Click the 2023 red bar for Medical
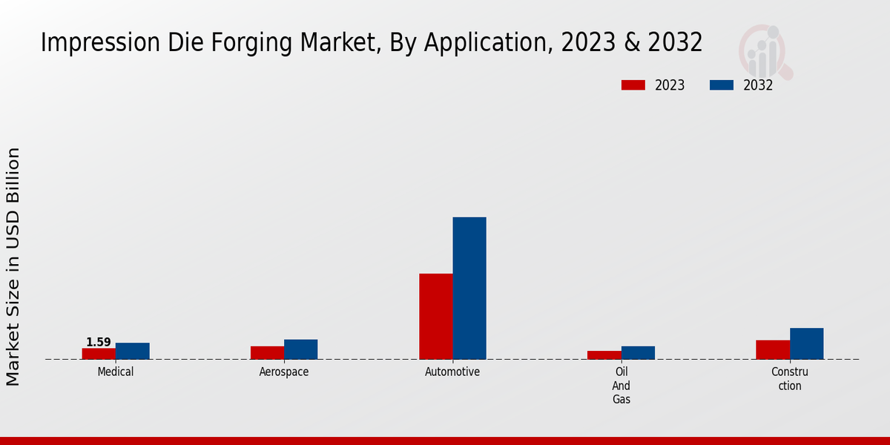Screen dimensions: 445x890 pyautogui.click(x=99, y=354)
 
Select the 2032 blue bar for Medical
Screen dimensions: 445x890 pyautogui.click(x=132, y=351)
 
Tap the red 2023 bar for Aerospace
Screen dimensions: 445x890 pyautogui.click(x=267, y=353)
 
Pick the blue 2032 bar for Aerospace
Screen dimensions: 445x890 pyautogui.click(x=300, y=349)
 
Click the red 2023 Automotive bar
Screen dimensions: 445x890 pyautogui.click(x=435, y=317)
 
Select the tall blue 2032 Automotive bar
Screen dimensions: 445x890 pyautogui.click(x=469, y=289)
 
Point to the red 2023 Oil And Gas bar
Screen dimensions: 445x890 pyautogui.click(x=604, y=355)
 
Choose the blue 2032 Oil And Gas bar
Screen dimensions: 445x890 pyautogui.click(x=638, y=353)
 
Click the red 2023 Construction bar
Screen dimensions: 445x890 pyautogui.click(x=773, y=350)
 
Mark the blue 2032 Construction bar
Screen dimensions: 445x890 pyautogui.click(x=806, y=343)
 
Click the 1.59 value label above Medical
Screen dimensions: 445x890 pyautogui.click(x=99, y=342)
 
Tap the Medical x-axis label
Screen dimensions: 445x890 pyautogui.click(x=116, y=372)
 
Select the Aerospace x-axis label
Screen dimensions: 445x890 pyautogui.click(x=284, y=372)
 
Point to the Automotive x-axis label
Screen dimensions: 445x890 pyautogui.click(x=452, y=372)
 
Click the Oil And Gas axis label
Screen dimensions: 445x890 pyautogui.click(x=621, y=386)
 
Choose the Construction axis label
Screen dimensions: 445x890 pyautogui.click(x=790, y=378)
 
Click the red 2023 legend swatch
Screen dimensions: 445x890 pyautogui.click(x=633, y=85)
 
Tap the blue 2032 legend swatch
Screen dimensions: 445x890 pyautogui.click(x=722, y=85)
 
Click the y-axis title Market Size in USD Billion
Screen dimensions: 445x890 pyautogui.click(x=13, y=267)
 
